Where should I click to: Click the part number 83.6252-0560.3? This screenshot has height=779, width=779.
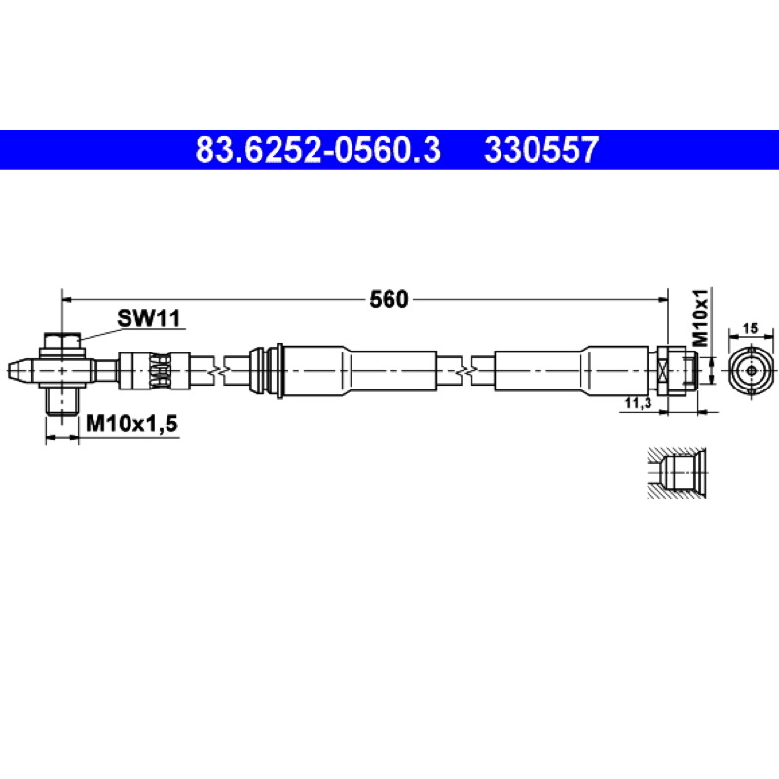point(318,150)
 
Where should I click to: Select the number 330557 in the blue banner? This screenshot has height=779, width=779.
point(541,150)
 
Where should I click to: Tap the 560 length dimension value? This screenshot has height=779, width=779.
point(389,299)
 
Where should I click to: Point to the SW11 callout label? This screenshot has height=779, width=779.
point(149,318)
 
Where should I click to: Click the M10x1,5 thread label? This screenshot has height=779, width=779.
point(131,424)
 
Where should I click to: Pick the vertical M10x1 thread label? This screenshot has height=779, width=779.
point(701,317)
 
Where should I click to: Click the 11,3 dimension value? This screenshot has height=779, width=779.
point(639,403)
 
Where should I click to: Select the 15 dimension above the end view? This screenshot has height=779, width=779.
point(751,328)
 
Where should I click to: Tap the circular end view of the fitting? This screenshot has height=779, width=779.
point(751,370)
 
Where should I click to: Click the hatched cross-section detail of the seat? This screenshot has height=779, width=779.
point(677,472)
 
